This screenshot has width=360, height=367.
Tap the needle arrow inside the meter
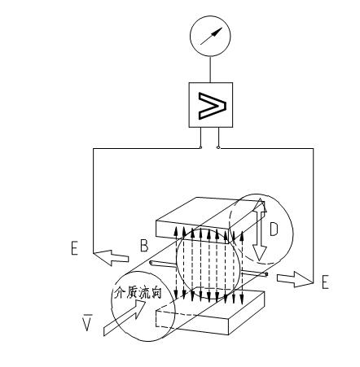(x=212, y=36)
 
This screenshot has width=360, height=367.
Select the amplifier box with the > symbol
(x=211, y=105)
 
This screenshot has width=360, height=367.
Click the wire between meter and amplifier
(x=210, y=69)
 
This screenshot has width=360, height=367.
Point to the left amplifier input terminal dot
(x=200, y=147)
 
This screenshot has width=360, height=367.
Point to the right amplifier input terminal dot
(x=218, y=147)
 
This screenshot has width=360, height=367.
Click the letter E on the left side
(x=74, y=248)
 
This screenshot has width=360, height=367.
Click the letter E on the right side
(x=325, y=282)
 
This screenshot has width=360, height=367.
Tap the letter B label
(x=144, y=246)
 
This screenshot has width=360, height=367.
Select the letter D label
(x=274, y=229)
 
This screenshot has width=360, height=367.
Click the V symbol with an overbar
(x=87, y=322)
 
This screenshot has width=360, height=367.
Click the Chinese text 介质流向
(x=138, y=293)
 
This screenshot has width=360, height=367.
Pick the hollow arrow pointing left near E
(x=111, y=258)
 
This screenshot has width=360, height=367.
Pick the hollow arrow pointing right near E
(x=295, y=279)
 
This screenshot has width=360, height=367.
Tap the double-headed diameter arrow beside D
(x=260, y=230)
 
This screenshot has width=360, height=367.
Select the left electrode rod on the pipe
(x=163, y=264)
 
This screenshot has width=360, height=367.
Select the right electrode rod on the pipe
(x=254, y=274)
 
